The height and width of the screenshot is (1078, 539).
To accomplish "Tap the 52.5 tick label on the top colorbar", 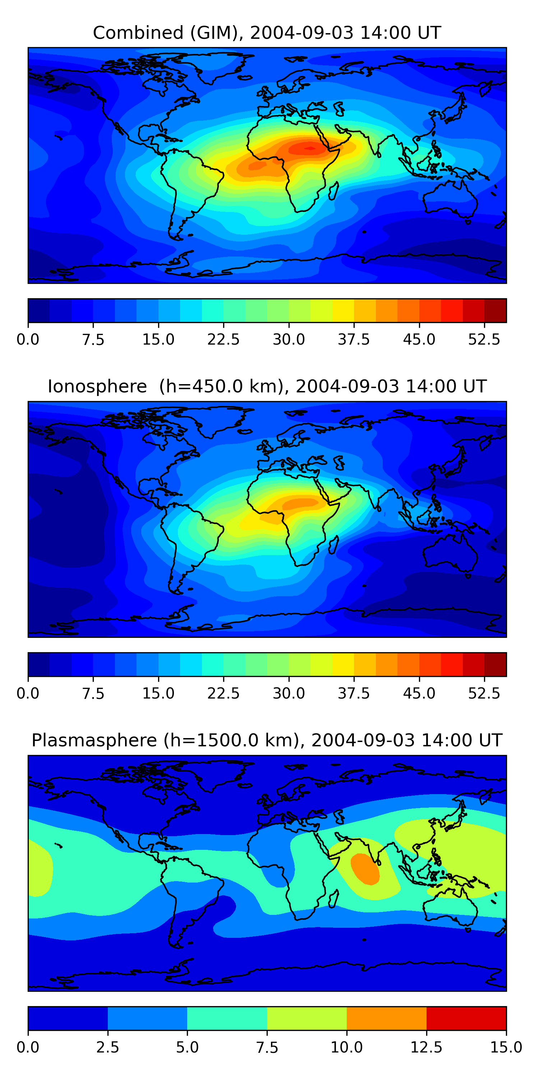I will pos(484,339).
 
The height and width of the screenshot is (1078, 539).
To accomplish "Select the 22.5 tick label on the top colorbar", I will pos(224,339).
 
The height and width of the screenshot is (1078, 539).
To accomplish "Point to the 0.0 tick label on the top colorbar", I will pos(28,339).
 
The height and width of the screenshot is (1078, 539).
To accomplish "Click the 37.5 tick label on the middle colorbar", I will pos(354,694).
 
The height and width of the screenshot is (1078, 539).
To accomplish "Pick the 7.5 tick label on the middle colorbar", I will pos(93,694).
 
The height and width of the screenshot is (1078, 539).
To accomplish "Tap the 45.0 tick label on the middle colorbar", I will pos(419,694).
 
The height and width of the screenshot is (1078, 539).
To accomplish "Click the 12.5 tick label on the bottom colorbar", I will pos(427,1047).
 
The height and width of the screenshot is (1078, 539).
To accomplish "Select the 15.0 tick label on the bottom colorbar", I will pos(506,1047).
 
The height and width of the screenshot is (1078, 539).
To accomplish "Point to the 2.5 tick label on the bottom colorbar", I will pos(107,1047).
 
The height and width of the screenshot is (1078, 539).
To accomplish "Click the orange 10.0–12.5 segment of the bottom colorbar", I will pos(387,1018).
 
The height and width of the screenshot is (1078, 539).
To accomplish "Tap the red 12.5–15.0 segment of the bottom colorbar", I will pos(466,1018).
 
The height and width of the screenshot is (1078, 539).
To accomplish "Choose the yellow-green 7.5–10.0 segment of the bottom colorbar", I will pos(307,1018).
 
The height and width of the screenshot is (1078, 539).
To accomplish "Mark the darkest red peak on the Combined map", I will pos(310,148).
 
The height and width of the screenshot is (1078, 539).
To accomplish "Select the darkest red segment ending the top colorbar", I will pos(495,310).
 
